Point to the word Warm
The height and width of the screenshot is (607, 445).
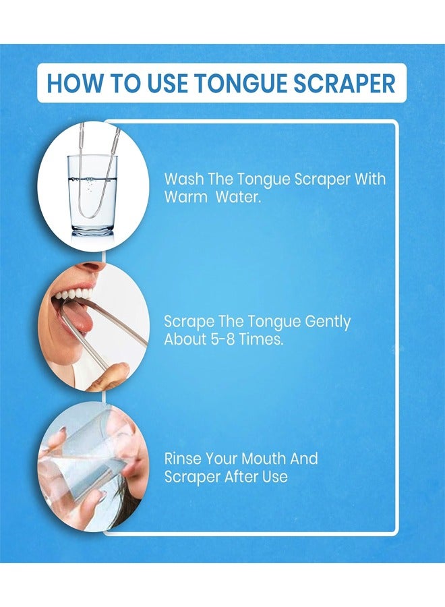pyautogui.click(x=185, y=198)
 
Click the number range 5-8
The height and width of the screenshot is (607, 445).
pyautogui.click(x=225, y=339)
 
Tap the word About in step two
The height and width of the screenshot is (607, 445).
pyautogui.click(x=185, y=339)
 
